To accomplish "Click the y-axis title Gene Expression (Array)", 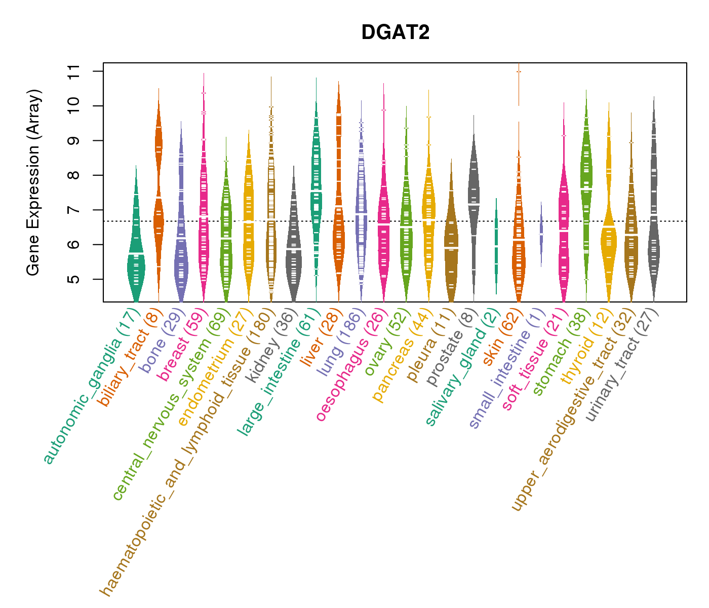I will pyautogui.click(x=33, y=182).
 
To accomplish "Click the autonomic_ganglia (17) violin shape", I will pyautogui.click(x=136, y=263).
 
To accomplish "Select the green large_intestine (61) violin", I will pyautogui.click(x=316, y=193).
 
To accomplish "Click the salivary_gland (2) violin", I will pyautogui.click(x=496, y=248).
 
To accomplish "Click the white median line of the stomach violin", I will pyautogui.click(x=586, y=188).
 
